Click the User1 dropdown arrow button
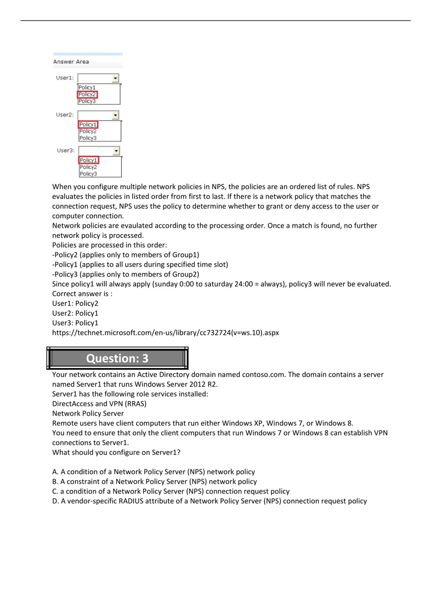115,78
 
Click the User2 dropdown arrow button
115,115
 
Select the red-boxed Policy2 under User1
87,94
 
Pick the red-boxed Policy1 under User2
88,125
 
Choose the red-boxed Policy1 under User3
89,160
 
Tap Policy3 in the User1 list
87,101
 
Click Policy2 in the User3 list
89,167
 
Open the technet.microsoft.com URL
165,333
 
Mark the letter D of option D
55,501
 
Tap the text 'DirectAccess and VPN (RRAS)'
99,404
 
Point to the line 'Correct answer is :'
82,294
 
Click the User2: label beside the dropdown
65,115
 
